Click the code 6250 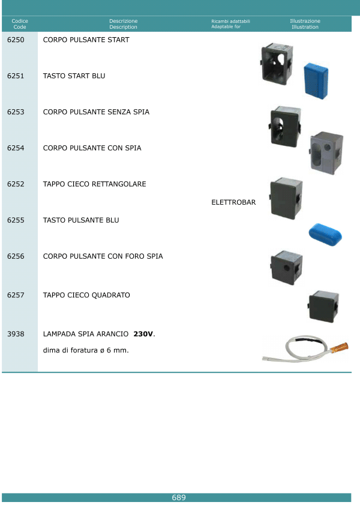[16, 40]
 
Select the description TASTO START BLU [74, 76]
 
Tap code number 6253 [16, 112]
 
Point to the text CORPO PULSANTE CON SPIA [92, 148]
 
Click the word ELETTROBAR [233, 202]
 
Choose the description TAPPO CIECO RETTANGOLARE [95, 184]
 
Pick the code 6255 [16, 220]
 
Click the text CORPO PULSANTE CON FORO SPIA [103, 256]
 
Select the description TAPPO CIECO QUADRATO [86, 295]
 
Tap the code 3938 [16, 334]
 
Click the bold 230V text [143, 334]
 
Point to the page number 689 [179, 498]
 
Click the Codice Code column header [20, 24]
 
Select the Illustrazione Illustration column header [305, 24]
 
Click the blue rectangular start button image [316, 80]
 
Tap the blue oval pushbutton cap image [325, 234]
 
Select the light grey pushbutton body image [326, 153]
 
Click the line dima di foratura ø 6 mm [86, 350]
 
